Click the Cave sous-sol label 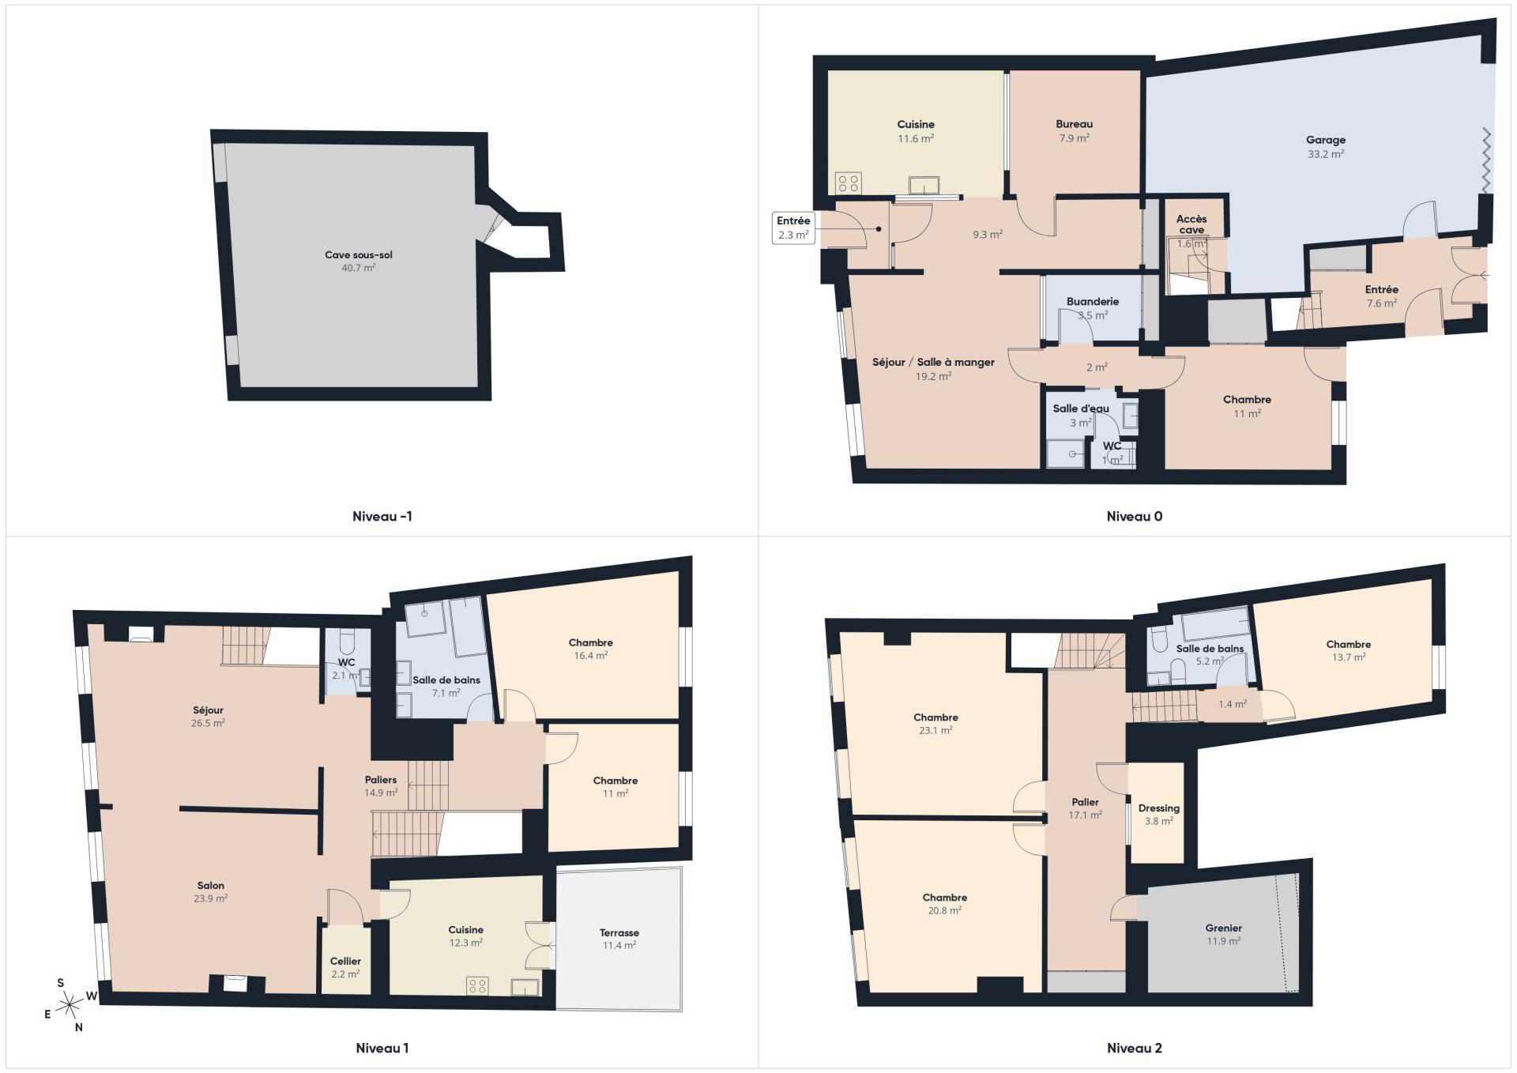tap(359, 255)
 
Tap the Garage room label tap(1326, 140)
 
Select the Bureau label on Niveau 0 tap(1075, 124)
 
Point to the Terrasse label tap(619, 932)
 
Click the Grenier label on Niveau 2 tap(1224, 928)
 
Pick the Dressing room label tap(1159, 808)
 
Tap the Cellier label tap(345, 961)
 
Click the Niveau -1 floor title tap(382, 517)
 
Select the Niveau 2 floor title tap(1135, 1049)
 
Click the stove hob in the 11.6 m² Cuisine tap(849, 183)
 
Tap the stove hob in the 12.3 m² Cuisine tap(477, 985)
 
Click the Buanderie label tap(1093, 301)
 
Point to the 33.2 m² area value tap(1326, 154)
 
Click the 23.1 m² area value tap(936, 731)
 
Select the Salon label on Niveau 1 tap(211, 886)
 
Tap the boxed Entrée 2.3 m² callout tap(793, 228)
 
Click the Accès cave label tap(1191, 224)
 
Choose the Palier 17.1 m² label tap(1086, 808)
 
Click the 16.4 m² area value tap(591, 656)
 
